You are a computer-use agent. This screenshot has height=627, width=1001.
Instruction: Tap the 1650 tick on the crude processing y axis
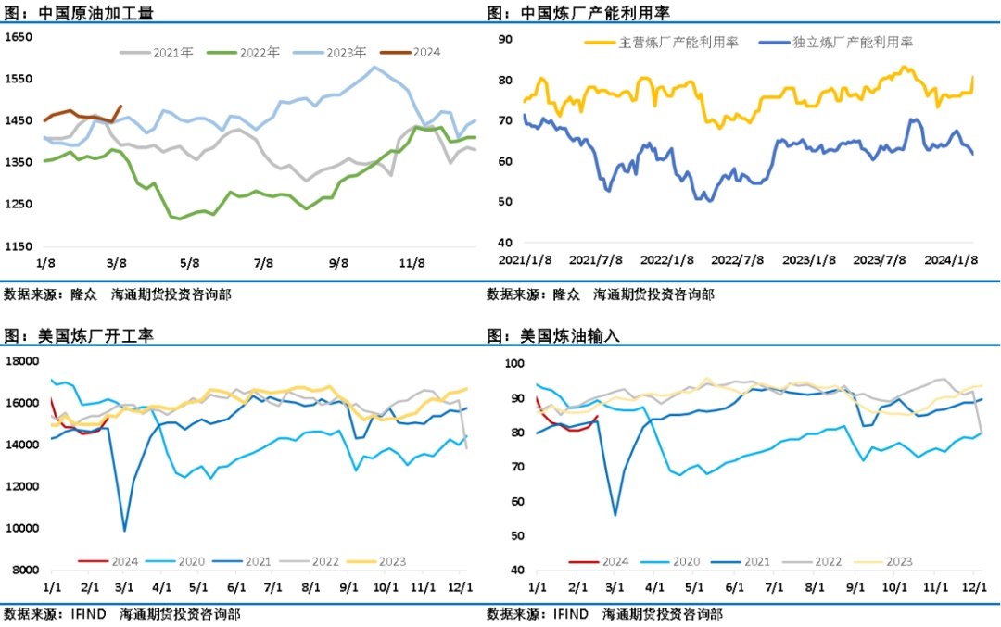point(19,37)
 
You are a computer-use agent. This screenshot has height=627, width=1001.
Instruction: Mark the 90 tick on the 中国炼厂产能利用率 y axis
point(506,39)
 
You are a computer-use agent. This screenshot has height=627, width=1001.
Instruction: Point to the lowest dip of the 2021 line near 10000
point(125,531)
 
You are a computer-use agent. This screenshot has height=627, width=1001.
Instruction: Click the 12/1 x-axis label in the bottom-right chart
point(975,587)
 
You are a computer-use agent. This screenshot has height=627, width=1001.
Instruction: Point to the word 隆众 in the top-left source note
point(84,295)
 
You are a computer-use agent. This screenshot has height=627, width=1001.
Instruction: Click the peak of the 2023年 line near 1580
point(374,67)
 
